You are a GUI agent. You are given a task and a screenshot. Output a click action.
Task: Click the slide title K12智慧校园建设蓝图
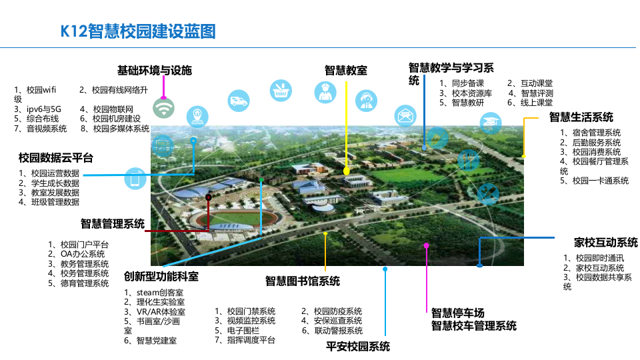[139, 31]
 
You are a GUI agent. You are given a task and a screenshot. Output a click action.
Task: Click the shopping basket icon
[280, 91]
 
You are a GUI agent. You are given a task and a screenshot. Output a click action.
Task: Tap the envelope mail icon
[404, 115]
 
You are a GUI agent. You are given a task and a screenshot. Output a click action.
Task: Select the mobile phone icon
[135, 179]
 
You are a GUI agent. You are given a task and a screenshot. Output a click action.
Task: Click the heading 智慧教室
[346, 70]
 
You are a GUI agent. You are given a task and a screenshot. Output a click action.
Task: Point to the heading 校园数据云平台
[56, 158]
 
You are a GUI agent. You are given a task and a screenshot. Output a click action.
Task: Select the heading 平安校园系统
[358, 346]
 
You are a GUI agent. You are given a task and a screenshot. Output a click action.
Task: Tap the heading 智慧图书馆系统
[303, 281]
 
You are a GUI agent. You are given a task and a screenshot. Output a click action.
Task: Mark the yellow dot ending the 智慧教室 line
[346, 171]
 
